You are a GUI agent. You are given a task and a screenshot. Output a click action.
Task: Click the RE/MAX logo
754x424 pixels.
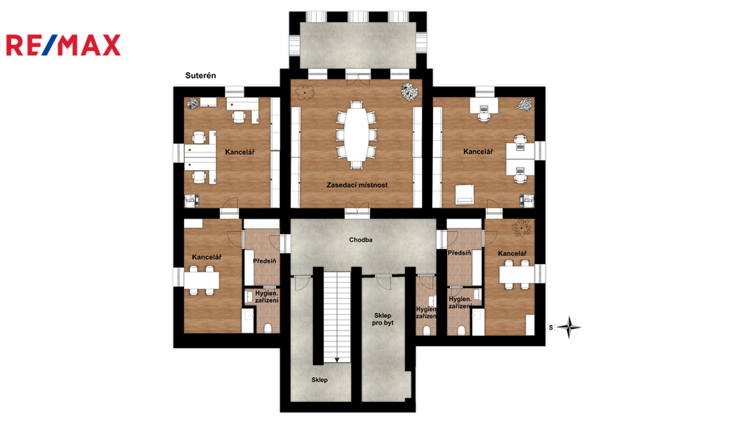click(x=63, y=45)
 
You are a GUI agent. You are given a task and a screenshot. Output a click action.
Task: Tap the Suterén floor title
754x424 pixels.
click(x=200, y=76)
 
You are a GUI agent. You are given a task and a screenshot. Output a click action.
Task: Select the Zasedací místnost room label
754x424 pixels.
click(x=357, y=185)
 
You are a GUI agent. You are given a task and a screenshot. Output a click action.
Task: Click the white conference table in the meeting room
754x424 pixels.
click(x=356, y=135)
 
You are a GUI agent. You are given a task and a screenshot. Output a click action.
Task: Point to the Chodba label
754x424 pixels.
click(x=361, y=240)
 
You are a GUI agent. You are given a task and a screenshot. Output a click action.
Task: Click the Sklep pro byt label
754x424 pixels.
click(x=383, y=319)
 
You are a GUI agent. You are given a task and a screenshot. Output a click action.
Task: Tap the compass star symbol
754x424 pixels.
click(x=569, y=328)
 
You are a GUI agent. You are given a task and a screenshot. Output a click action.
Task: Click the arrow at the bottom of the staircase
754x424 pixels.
click(x=337, y=359)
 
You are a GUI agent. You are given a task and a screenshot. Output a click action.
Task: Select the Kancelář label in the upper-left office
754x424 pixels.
click(x=239, y=152)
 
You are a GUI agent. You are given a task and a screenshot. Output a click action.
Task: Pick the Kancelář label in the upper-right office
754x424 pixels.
click(x=478, y=152)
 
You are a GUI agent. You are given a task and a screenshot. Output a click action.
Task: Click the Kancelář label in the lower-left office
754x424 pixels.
click(x=207, y=257)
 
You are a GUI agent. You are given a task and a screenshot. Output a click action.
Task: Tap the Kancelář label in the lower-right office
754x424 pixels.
click(x=512, y=254)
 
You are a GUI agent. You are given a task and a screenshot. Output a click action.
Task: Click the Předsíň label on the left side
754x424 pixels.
click(x=264, y=261)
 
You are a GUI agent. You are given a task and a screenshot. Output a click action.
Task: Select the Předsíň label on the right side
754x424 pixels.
click(x=459, y=253)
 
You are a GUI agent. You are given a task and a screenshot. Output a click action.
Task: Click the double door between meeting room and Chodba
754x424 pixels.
click(x=357, y=210)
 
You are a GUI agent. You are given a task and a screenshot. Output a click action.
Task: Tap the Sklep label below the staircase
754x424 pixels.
click(x=320, y=380)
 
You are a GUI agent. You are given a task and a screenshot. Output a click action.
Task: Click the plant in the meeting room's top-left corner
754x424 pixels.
click(x=304, y=92)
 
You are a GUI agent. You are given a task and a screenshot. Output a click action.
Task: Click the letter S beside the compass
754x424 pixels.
click(x=551, y=328)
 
